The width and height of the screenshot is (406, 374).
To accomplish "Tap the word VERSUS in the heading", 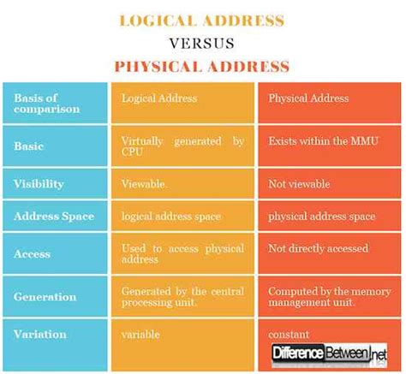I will [202, 42].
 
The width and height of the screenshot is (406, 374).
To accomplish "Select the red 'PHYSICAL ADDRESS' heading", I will [202, 66].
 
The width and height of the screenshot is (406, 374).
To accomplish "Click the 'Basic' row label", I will [30, 145].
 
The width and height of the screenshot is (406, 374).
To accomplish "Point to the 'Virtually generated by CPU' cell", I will [182, 145].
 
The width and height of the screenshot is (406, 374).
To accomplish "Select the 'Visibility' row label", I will [39, 182].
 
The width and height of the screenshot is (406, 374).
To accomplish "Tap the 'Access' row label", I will [33, 253].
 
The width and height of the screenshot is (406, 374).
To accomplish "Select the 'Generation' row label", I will [45, 296].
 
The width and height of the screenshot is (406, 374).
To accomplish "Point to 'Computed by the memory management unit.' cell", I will [330, 296].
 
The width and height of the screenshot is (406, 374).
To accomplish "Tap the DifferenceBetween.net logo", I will [328, 352].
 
